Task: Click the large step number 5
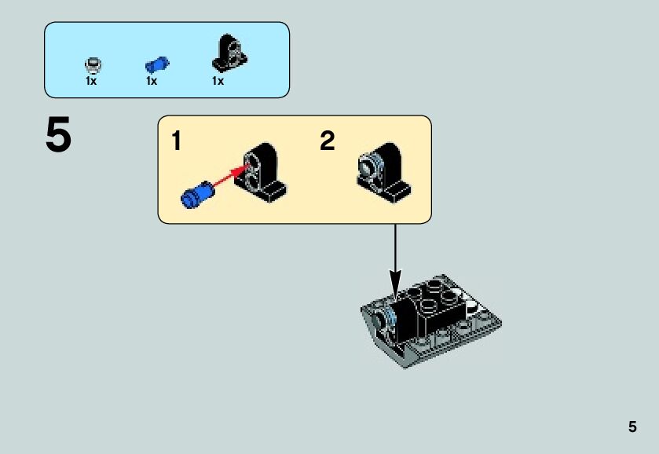[58, 137]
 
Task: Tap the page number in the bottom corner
[632, 427]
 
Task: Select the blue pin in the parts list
[157, 64]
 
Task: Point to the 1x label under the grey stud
[91, 80]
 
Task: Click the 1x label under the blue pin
[152, 80]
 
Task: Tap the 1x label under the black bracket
[218, 80]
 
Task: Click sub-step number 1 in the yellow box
[176, 142]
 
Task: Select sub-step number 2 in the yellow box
[327, 141]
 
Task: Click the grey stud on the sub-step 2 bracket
[368, 165]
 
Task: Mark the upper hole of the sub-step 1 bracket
[254, 163]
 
